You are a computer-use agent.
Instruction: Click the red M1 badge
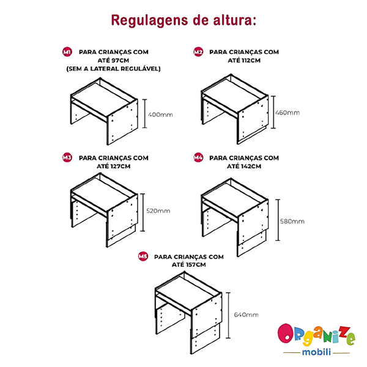(x=67, y=52)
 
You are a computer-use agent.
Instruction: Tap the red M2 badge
(x=198, y=52)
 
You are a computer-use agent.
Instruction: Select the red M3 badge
(x=67, y=158)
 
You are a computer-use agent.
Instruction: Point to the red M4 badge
(x=198, y=158)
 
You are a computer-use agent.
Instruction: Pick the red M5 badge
(x=143, y=256)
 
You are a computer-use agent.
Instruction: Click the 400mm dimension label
(x=160, y=115)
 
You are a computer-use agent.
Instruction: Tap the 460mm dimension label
(x=287, y=113)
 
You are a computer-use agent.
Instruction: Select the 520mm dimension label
(x=158, y=210)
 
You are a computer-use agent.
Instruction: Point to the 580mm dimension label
(x=292, y=221)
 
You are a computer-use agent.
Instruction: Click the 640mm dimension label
(x=247, y=314)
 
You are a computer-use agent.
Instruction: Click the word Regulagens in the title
(x=150, y=21)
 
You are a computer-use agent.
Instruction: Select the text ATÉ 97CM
(x=113, y=61)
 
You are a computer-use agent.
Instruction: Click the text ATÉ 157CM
(x=189, y=265)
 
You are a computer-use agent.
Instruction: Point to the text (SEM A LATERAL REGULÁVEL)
(x=114, y=69)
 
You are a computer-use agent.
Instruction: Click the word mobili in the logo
(x=316, y=352)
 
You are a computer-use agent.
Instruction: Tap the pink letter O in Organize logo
(x=286, y=333)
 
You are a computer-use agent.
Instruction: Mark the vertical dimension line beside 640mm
(x=228, y=315)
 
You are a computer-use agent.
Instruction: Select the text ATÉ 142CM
(x=244, y=166)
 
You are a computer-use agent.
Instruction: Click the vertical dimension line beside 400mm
(x=145, y=114)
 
